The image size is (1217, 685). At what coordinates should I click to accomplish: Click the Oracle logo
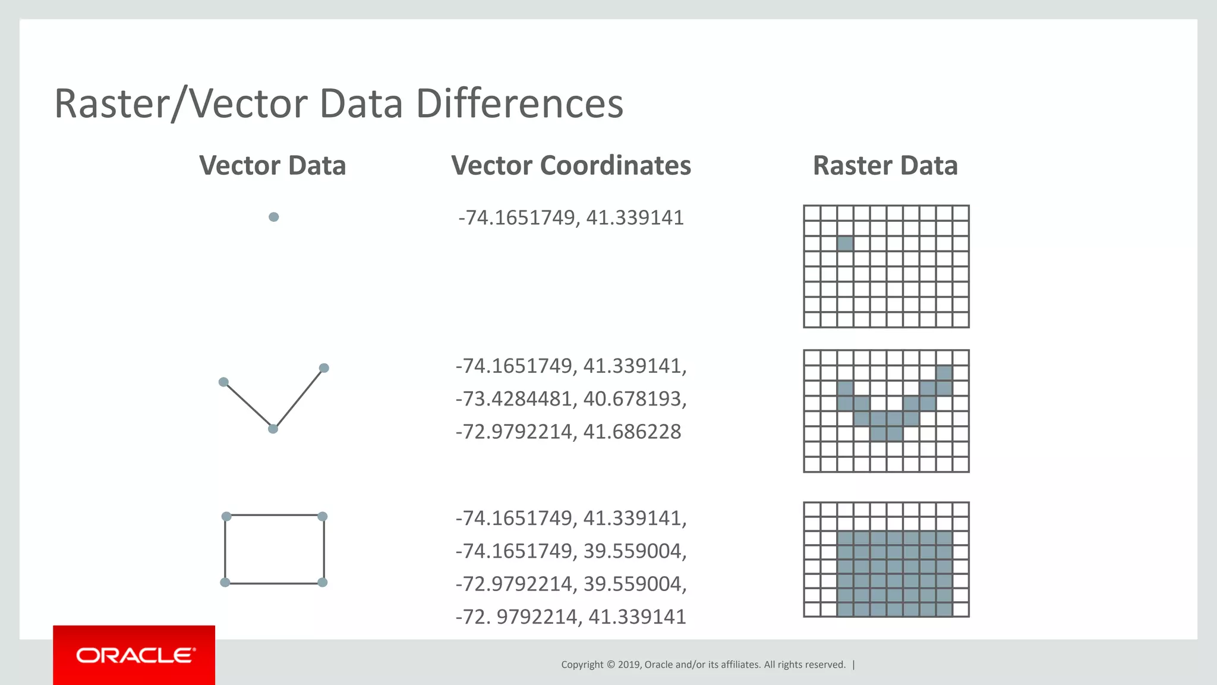click(x=135, y=655)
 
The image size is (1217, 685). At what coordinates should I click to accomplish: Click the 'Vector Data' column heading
click(x=272, y=165)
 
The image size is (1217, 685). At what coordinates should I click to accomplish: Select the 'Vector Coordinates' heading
click(x=570, y=165)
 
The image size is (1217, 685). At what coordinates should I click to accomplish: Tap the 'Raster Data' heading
click(x=885, y=165)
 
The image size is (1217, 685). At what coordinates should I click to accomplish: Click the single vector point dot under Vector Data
click(x=273, y=217)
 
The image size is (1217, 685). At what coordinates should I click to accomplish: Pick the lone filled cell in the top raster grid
click(x=845, y=243)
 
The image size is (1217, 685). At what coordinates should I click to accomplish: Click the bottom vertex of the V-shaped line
click(x=273, y=429)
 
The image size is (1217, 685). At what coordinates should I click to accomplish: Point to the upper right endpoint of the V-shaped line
click(x=324, y=368)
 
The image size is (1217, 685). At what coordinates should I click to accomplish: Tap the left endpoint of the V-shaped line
click(x=223, y=382)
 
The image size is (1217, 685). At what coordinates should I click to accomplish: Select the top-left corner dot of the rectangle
click(x=226, y=516)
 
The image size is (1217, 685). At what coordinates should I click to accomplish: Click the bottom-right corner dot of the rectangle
click(x=323, y=582)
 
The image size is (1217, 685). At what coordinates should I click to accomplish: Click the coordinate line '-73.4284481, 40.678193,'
click(x=570, y=398)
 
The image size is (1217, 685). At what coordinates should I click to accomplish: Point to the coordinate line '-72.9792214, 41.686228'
click(x=568, y=431)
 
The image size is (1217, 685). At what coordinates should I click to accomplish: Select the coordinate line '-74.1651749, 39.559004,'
click(x=570, y=551)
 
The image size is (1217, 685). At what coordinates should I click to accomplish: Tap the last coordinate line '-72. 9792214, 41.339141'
click(x=570, y=617)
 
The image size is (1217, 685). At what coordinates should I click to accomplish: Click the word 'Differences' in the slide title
click(x=519, y=103)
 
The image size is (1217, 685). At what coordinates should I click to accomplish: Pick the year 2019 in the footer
click(x=629, y=665)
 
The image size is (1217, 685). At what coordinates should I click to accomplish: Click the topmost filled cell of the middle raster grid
click(x=944, y=373)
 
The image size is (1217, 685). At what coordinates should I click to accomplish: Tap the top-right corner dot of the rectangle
click(x=323, y=516)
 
